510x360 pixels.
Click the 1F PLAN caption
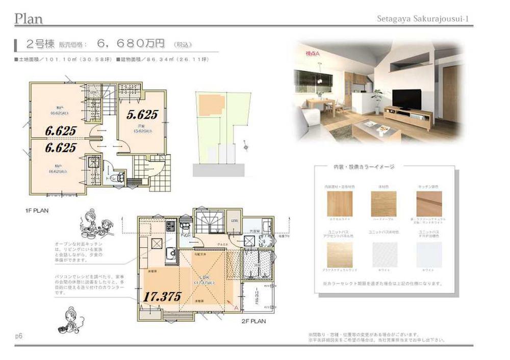(37, 210)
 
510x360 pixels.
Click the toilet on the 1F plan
(120, 177)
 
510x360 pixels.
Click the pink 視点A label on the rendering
(312, 53)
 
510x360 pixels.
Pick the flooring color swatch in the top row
(383, 204)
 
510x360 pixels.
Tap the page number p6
(19, 336)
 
